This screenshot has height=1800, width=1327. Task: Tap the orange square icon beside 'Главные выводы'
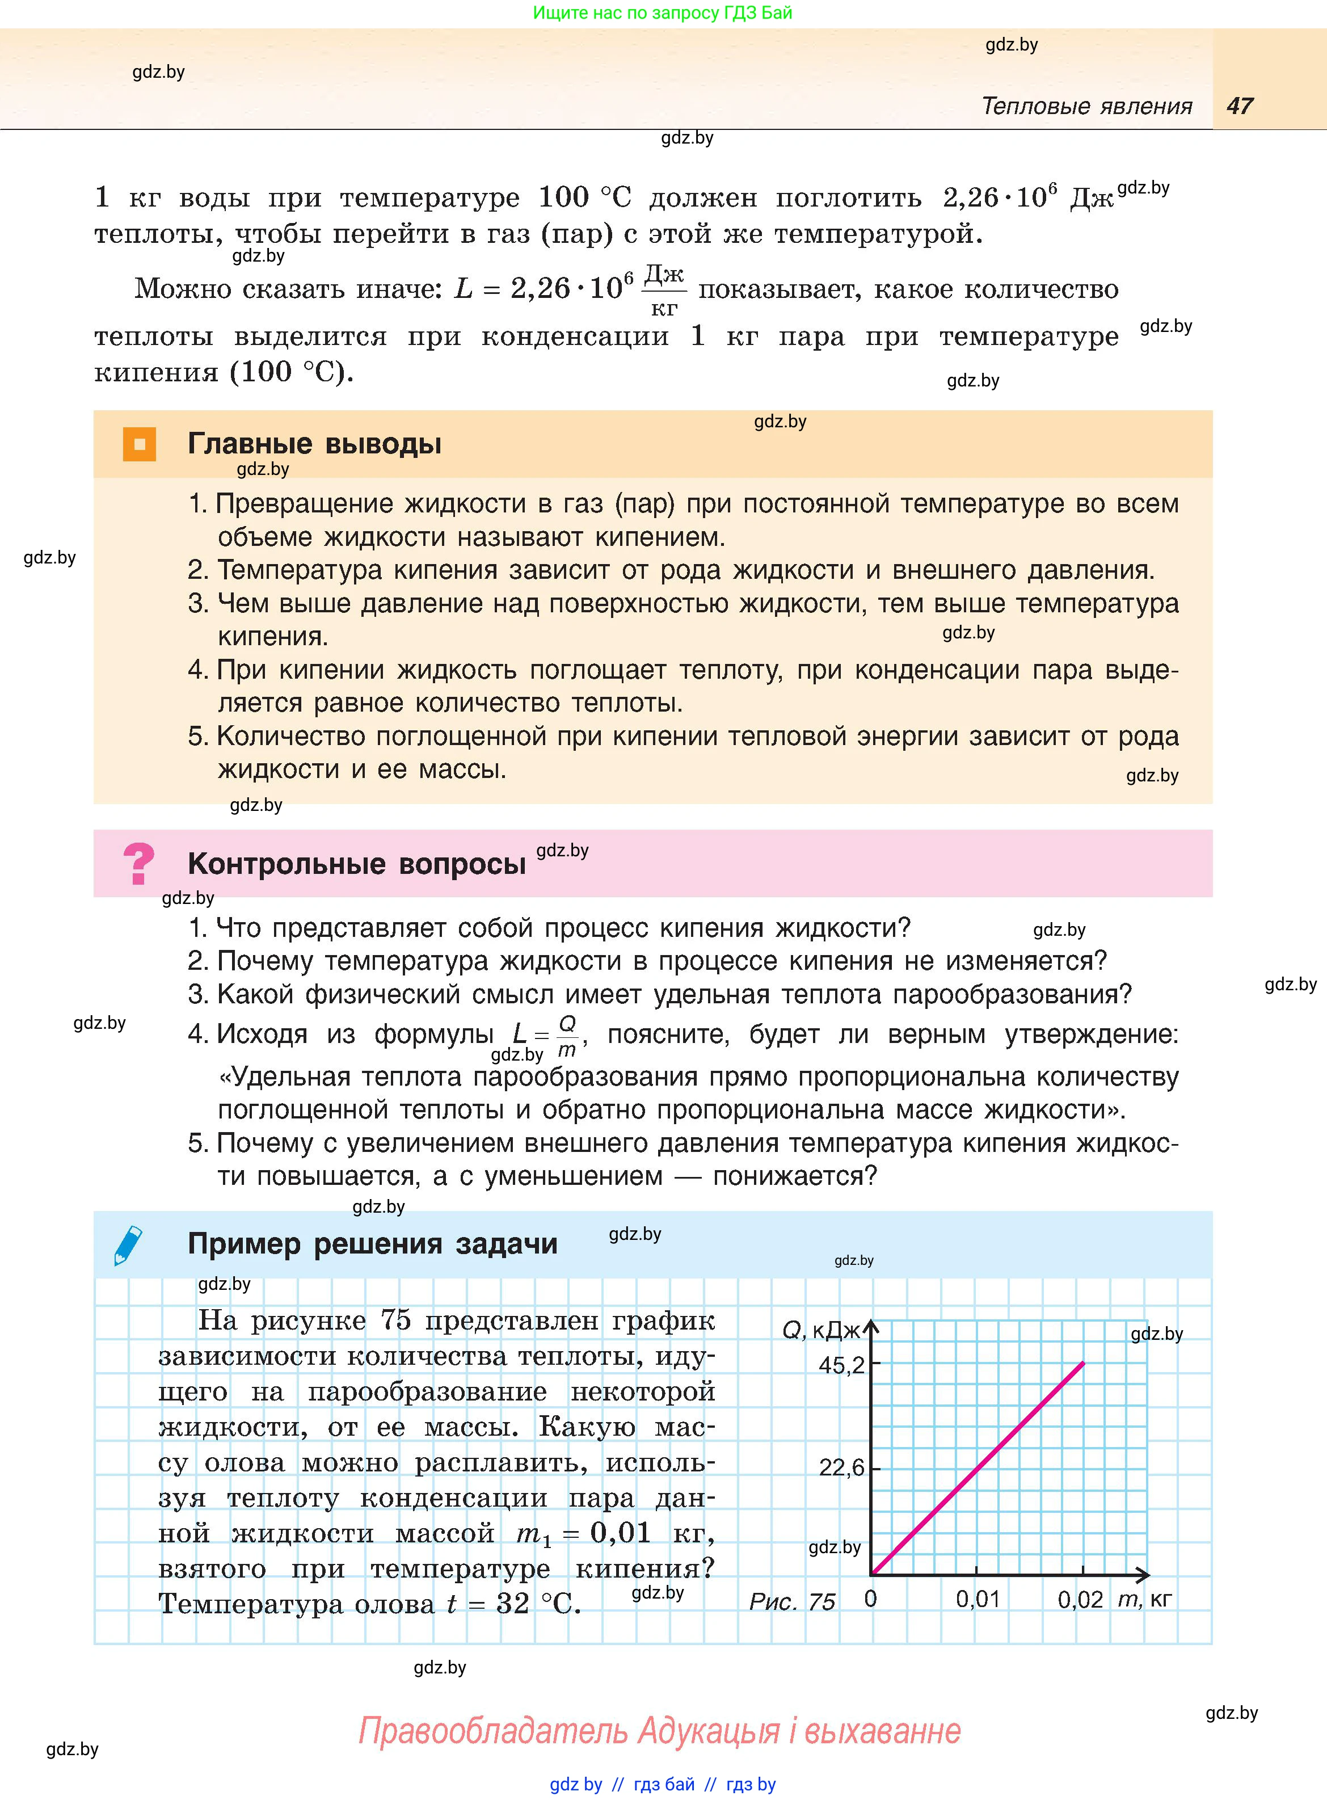tap(139, 444)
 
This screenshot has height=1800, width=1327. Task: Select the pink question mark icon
tap(138, 864)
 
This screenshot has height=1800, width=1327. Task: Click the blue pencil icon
tap(129, 1245)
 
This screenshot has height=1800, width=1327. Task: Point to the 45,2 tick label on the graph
tap(841, 1365)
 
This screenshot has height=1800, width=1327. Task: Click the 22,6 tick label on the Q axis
tap(841, 1467)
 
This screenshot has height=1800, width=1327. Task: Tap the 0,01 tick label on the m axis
tap(978, 1599)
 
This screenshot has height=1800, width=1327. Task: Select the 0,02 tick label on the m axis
tap(1080, 1599)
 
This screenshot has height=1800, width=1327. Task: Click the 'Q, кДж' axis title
tap(821, 1331)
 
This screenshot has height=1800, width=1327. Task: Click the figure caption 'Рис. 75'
tap(792, 1601)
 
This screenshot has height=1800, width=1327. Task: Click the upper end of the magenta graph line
tap(1083, 1364)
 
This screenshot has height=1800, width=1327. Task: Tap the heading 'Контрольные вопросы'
tap(357, 864)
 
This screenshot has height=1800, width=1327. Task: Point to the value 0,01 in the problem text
tap(620, 1533)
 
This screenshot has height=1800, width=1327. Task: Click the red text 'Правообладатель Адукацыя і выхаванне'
tap(659, 1731)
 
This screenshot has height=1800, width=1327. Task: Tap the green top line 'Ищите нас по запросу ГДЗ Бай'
tap(662, 13)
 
